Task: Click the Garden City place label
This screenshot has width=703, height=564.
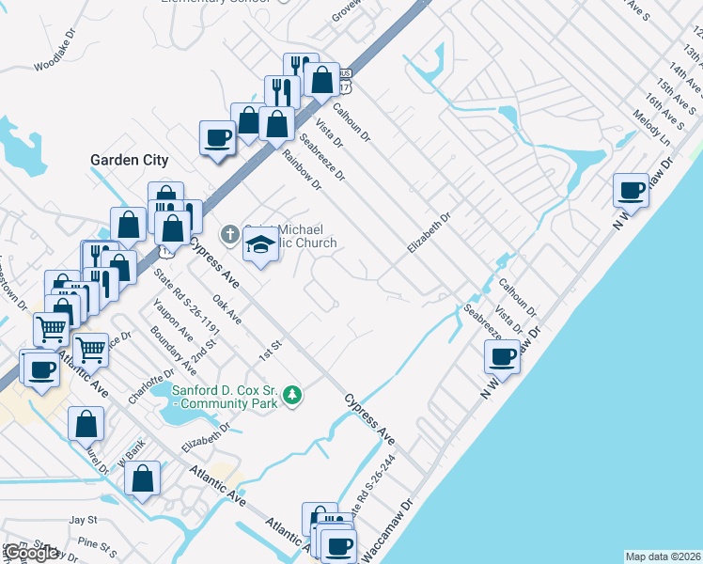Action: tap(129, 160)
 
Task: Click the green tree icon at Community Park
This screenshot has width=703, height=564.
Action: tap(293, 395)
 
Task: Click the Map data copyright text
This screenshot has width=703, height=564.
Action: tap(663, 556)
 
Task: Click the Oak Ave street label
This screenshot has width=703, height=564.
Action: tap(227, 309)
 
